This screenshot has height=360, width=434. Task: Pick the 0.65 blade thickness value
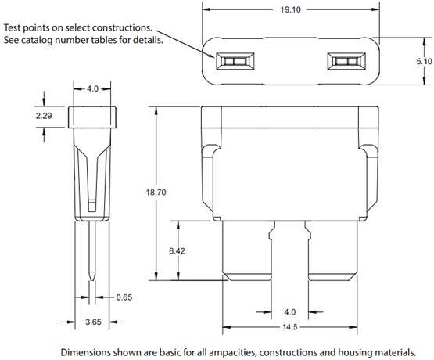124,297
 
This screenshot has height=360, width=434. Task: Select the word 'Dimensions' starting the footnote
86,351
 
